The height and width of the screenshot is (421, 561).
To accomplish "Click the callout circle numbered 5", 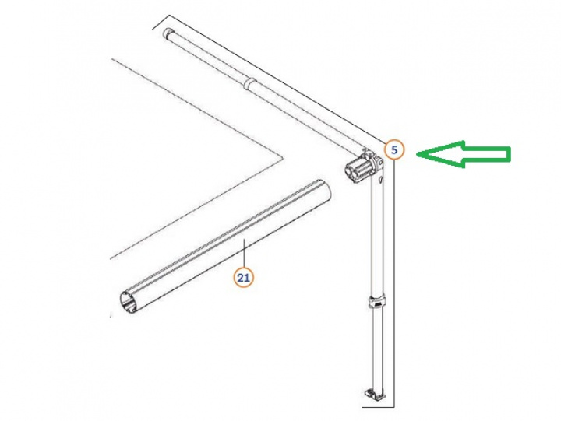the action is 394,149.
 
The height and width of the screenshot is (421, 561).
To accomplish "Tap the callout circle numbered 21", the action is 244,277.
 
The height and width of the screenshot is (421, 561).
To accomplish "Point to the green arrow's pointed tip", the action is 416,154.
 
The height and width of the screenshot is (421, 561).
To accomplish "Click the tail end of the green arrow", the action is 510,154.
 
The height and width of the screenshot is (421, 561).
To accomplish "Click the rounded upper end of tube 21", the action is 324,188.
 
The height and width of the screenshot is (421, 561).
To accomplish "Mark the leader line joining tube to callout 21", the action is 244,254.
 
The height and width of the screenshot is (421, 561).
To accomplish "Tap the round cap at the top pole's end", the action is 168,33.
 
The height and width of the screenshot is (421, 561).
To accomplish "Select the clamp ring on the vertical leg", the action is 377,303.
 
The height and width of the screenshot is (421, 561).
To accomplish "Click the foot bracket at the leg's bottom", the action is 375,394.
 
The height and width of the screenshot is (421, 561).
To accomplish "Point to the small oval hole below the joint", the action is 381,180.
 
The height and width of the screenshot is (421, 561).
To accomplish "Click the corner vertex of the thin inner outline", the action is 283,157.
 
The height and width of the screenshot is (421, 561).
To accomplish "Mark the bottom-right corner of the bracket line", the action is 394,407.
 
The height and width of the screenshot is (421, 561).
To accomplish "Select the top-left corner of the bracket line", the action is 169,16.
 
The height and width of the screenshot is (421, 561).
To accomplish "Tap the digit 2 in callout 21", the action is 241,277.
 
